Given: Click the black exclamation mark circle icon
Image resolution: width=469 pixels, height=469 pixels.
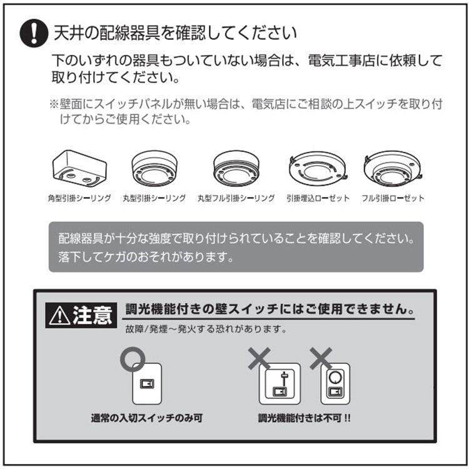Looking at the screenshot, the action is point(34,33).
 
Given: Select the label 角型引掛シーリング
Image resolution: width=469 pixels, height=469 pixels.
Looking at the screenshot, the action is point(79,198).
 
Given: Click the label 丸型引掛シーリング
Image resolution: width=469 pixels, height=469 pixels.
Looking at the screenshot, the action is point(154,198).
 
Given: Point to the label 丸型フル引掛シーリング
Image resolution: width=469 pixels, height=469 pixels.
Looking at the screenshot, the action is point(236,198).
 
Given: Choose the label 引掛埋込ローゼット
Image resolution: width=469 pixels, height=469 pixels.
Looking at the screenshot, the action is point(318,198).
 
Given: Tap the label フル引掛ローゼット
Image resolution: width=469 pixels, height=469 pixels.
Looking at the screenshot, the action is point(393,198).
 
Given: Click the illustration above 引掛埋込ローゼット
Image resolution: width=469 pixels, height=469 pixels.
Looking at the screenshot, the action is point(318,169).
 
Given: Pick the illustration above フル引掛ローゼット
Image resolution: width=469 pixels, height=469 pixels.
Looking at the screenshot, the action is point(393,168).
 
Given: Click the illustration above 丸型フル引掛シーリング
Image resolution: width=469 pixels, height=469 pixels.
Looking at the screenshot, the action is point(236,168).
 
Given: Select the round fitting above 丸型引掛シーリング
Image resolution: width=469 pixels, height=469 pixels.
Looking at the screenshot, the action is point(154,168).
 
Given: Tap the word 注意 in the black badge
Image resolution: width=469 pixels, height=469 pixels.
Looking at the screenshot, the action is point(93,315).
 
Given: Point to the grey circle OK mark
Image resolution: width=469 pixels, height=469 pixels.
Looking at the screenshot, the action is point(133,359).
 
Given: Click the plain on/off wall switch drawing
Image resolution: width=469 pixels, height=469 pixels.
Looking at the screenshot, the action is point(147,384).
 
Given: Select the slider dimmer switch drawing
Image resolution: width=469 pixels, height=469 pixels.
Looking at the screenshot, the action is point(280,384).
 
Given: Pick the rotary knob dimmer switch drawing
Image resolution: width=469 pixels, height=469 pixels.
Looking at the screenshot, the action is point(335,384).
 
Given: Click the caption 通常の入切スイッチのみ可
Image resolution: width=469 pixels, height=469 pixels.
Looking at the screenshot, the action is point(147,418).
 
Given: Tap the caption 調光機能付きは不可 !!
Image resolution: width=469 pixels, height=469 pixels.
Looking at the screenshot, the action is point(304,418).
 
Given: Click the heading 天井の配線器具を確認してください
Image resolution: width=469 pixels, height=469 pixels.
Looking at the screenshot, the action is point(175,33).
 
